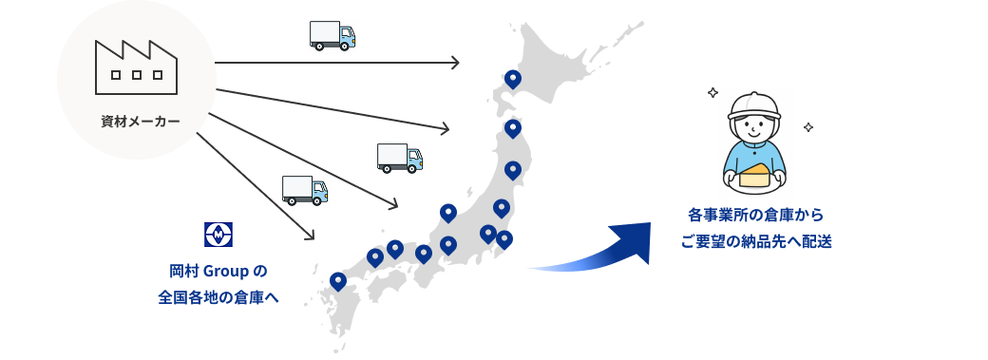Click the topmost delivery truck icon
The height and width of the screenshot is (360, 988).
tap(332, 36)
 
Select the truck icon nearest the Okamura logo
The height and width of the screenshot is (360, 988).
tap(305, 190)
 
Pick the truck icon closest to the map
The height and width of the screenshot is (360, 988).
tap(400, 159)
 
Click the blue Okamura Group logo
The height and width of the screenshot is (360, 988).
tap(218, 233)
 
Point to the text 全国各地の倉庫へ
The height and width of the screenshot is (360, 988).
tap(218, 297)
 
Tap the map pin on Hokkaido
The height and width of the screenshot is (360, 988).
tap(512, 79)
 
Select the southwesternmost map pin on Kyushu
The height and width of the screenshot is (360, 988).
tap(338, 281)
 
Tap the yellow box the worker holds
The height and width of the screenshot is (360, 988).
tap(755, 174)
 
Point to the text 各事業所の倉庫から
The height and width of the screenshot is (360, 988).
tap(756, 216)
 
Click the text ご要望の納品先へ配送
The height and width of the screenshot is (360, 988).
tap(756, 242)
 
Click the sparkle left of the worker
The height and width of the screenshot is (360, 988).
tap(712, 93)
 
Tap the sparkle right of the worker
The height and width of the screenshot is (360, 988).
tap(808, 126)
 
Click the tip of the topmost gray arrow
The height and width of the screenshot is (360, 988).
tap(459, 63)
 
